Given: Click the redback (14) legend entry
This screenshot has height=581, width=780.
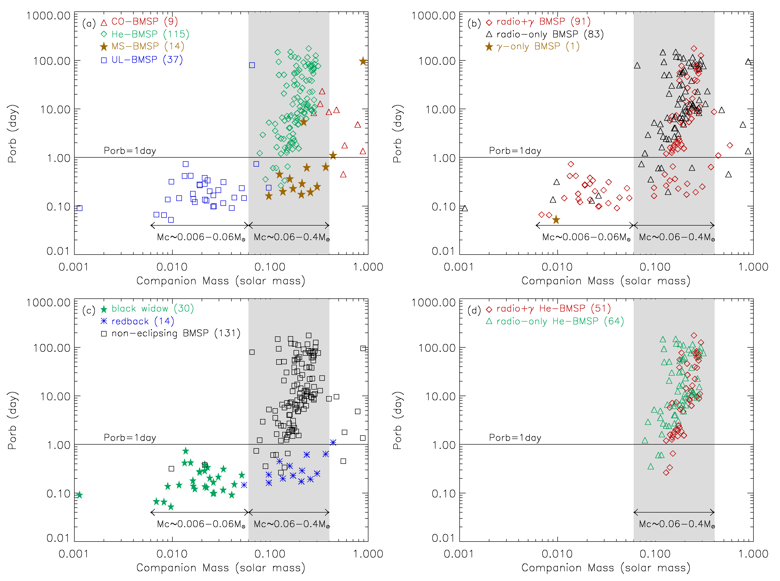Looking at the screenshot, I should pyautogui.click(x=137, y=321).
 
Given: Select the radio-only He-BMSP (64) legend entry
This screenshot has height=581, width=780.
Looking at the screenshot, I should pyautogui.click(x=555, y=321).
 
